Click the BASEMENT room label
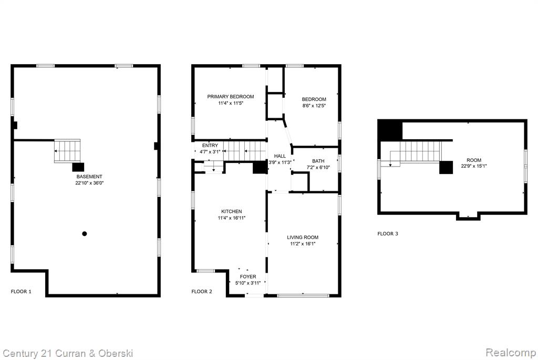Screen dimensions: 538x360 pyautogui.click(x=89, y=177)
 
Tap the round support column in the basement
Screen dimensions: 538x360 pyautogui.click(x=85, y=234)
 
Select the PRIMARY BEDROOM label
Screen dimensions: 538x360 pyautogui.click(x=231, y=96)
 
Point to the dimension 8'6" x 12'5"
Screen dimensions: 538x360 pyautogui.click(x=314, y=106)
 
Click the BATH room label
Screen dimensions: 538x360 pyautogui.click(x=318, y=161)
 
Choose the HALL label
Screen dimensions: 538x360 pyautogui.click(x=280, y=156)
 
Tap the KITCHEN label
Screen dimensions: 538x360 pyautogui.click(x=232, y=211)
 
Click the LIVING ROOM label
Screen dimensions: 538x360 pyautogui.click(x=303, y=237)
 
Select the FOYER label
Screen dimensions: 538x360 pyautogui.click(x=248, y=276)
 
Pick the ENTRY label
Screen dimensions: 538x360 pyautogui.click(x=210, y=146)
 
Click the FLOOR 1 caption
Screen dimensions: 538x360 pyautogui.click(x=21, y=292)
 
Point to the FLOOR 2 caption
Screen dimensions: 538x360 pyautogui.click(x=202, y=292)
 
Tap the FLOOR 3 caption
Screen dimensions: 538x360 pyautogui.click(x=388, y=234)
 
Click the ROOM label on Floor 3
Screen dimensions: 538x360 pyautogui.click(x=474, y=160)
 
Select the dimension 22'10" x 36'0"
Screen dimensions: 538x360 pyautogui.click(x=89, y=183)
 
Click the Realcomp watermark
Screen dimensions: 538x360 pyautogui.click(x=511, y=353)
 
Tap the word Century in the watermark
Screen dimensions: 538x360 pyautogui.click(x=20, y=354)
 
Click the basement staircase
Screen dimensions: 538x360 pyautogui.click(x=68, y=151)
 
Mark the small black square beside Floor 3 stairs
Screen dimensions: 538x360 pyautogui.click(x=446, y=167)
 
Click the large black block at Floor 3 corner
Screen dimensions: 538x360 pyautogui.click(x=390, y=130)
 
